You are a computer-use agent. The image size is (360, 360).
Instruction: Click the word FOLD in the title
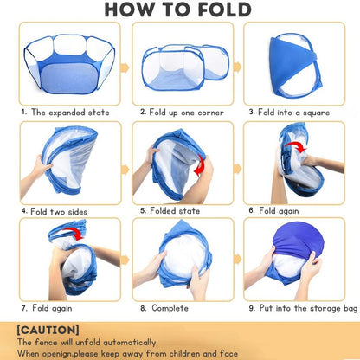click(x=224, y=10)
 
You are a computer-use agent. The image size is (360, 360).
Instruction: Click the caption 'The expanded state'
click(x=70, y=112)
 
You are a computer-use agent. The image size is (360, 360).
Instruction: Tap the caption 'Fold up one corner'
click(x=186, y=112)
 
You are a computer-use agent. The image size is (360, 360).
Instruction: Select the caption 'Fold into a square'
click(x=293, y=112)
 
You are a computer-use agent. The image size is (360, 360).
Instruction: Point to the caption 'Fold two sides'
click(x=59, y=211)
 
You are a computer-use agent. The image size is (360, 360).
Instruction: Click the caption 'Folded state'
click(x=175, y=211)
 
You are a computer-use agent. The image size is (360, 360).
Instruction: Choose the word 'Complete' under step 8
click(x=170, y=308)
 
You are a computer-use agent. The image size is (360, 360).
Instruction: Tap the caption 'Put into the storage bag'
click(x=308, y=308)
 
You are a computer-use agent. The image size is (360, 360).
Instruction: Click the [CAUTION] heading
click(x=48, y=330)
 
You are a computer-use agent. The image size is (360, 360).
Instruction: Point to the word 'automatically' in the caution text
click(x=130, y=343)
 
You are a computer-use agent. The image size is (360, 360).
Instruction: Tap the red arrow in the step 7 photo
click(x=74, y=233)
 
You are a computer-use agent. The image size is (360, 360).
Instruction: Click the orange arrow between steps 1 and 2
click(x=125, y=68)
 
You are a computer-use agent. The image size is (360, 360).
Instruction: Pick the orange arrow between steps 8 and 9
click(x=237, y=259)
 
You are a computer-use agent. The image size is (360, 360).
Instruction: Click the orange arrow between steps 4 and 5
click(x=125, y=170)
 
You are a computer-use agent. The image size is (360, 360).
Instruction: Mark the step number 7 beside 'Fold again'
click(x=23, y=308)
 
